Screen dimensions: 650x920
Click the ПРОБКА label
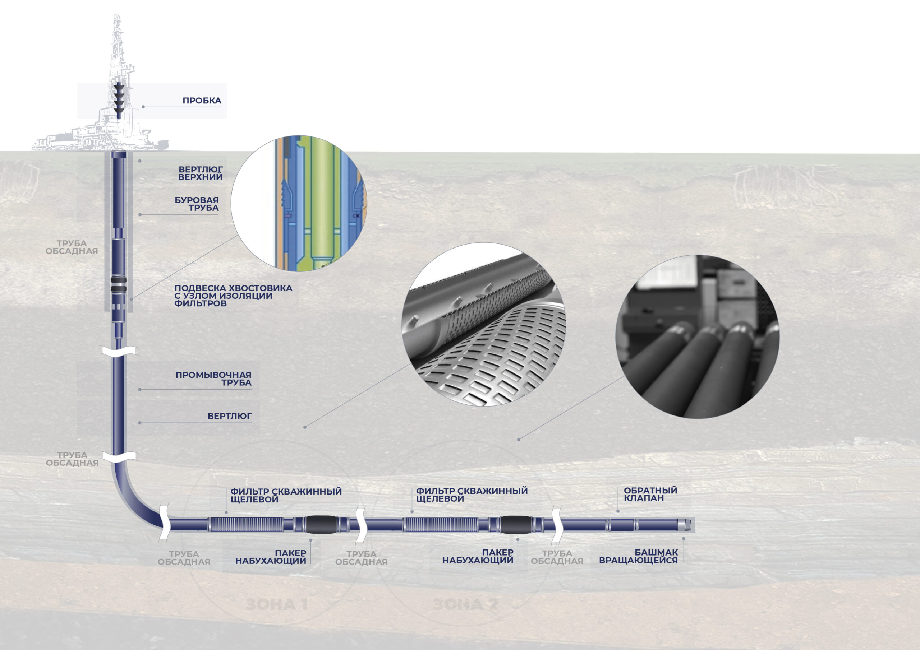pyautogui.click(x=202, y=101)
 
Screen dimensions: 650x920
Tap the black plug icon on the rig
pyautogui.click(x=119, y=100)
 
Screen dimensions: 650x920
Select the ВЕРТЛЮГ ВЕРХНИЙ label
pyautogui.click(x=200, y=173)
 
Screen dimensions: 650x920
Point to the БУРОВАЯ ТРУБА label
pyautogui.click(x=197, y=204)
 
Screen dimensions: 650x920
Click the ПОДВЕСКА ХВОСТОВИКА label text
pyautogui.click(x=233, y=296)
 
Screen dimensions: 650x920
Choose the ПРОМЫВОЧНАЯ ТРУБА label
pyautogui.click(x=213, y=379)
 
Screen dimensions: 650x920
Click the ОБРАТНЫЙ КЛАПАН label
pyautogui.click(x=650, y=494)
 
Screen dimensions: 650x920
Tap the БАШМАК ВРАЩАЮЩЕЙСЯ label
pyautogui.click(x=638, y=556)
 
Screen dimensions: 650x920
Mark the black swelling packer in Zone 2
pyautogui.click(x=516, y=525)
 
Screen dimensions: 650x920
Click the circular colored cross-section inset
pyautogui.click(x=299, y=204)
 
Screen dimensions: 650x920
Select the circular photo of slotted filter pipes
pyautogui.click(x=484, y=324)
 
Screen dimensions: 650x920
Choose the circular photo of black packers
pyautogui.click(x=697, y=337)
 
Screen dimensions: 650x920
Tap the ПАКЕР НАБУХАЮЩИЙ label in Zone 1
pyautogui.click(x=271, y=557)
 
